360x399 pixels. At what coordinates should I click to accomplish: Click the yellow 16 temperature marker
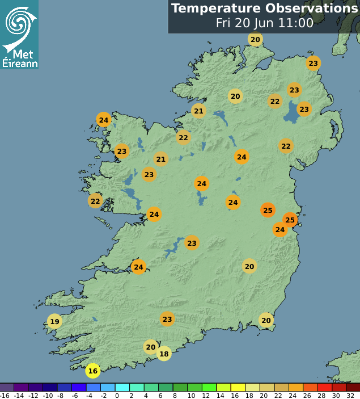click(93, 371)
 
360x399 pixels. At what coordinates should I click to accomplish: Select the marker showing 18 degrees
click(164, 354)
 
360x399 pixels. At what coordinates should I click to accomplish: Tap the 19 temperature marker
click(54, 322)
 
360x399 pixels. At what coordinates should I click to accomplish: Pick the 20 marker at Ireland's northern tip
click(255, 39)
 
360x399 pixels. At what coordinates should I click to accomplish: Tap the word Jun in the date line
click(263, 23)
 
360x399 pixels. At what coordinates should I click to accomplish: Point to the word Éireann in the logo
click(20, 63)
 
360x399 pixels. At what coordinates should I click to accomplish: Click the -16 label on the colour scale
click(5, 395)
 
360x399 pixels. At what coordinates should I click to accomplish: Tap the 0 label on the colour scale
click(117, 395)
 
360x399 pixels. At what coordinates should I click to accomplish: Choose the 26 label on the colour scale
click(307, 395)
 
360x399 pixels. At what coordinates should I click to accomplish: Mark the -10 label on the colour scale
click(48, 395)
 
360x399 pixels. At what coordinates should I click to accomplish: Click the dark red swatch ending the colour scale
click(353, 387)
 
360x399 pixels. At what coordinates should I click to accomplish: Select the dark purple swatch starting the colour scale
click(7, 387)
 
